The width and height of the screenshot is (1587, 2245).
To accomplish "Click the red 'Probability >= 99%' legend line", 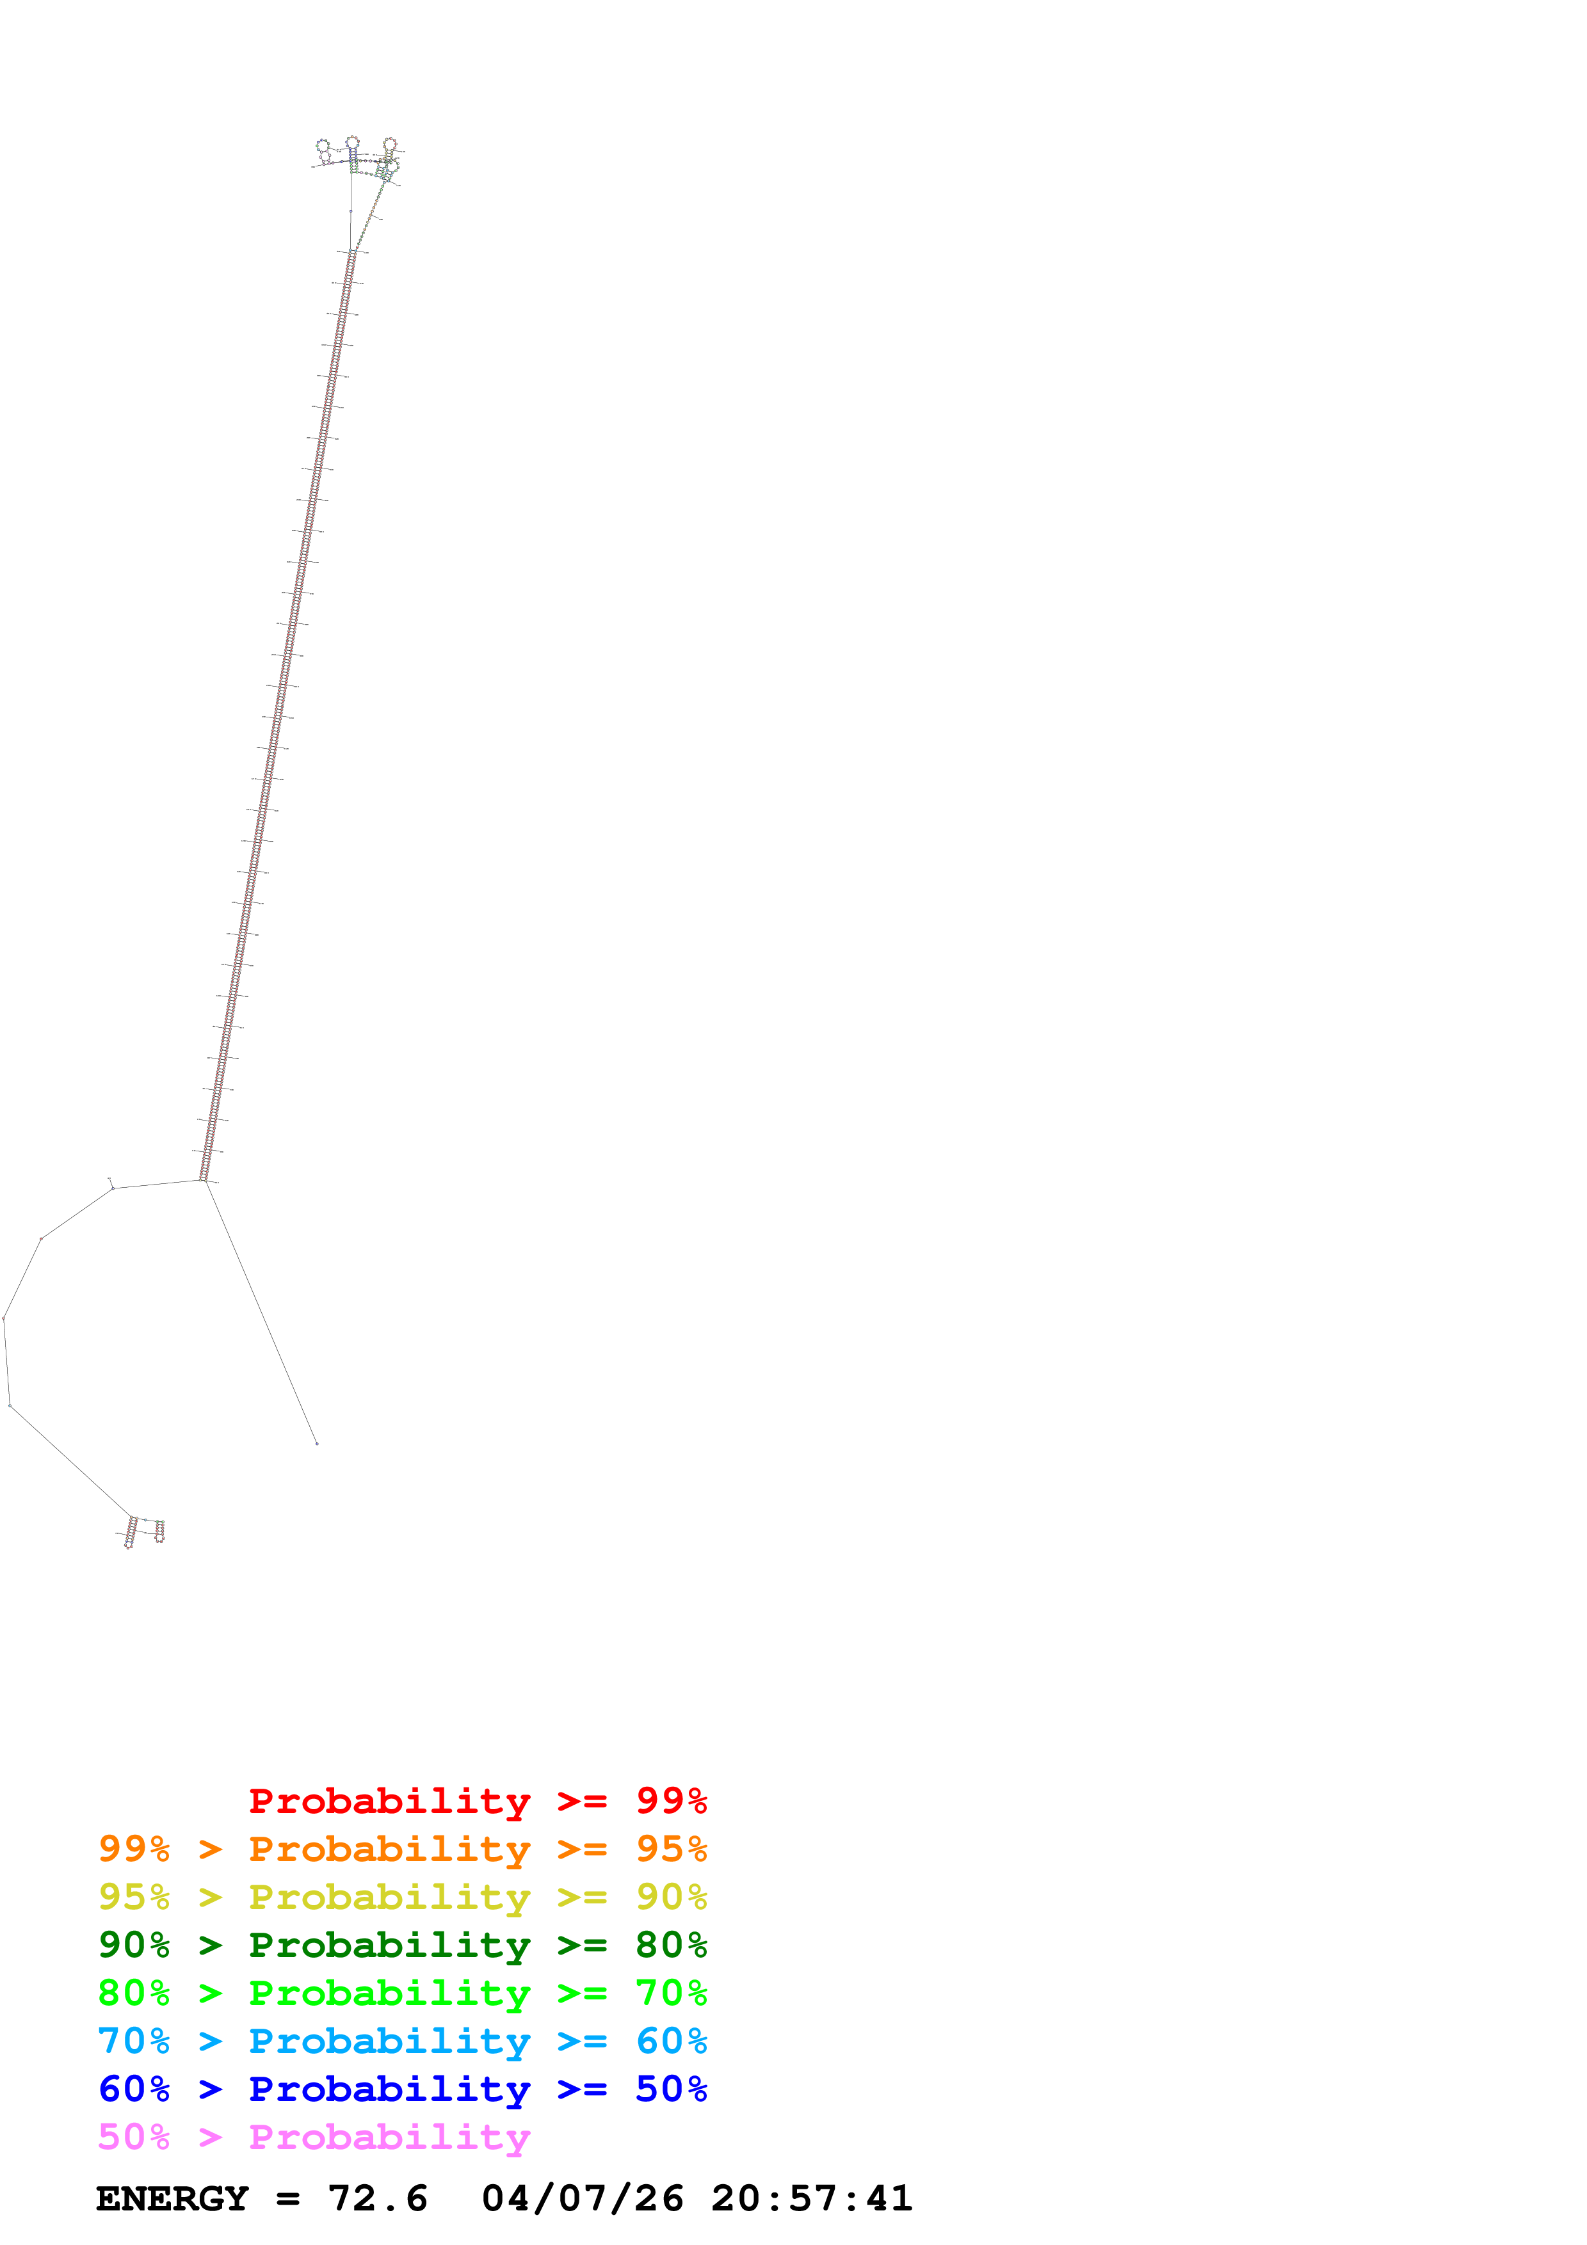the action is (x=477, y=1801).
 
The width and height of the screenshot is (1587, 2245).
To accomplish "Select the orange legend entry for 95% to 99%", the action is (x=402, y=1849).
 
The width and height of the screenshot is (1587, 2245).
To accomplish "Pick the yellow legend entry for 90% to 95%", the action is (x=402, y=1897).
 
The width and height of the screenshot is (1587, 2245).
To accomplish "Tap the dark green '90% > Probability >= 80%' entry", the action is (x=402, y=1945).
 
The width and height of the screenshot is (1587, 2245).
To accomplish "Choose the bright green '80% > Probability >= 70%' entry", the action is (x=402, y=1993).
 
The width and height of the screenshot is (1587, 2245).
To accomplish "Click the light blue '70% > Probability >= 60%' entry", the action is (x=402, y=2041).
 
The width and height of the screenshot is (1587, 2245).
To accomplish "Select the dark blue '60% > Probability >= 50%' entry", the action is (x=402, y=2089).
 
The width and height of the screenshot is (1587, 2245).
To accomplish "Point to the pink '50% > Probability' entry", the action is (x=313, y=2136).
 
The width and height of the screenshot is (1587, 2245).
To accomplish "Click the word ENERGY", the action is (x=172, y=2198).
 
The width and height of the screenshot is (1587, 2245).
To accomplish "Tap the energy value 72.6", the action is (x=378, y=2198).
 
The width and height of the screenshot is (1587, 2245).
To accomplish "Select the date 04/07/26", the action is (x=582, y=2198).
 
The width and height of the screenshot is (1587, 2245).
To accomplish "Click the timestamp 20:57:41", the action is (x=812, y=2198).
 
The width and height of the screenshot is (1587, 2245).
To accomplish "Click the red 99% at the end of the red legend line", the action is (x=671, y=1801).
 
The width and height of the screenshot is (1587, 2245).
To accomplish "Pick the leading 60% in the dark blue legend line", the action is (x=134, y=2089).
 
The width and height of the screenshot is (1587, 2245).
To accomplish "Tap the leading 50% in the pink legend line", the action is (x=134, y=2136).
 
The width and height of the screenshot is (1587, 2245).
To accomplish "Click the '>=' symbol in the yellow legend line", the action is (x=582, y=1897).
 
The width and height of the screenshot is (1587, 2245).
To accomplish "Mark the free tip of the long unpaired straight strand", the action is (x=317, y=1443).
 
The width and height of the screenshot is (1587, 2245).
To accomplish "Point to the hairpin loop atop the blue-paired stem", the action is (x=352, y=143).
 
